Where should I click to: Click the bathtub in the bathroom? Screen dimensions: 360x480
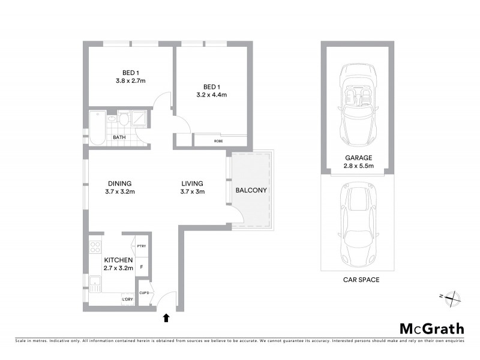[x=98, y=127]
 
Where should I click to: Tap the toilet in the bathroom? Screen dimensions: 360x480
[x=124, y=119]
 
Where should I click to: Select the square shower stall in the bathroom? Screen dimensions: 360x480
[x=139, y=119]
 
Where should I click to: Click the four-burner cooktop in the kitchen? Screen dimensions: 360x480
[x=95, y=248]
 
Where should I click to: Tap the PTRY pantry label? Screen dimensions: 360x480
[x=142, y=247]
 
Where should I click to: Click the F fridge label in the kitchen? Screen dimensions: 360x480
[x=142, y=266]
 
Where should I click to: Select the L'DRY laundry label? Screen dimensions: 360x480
[x=127, y=299]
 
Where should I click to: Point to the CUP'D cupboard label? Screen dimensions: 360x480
[x=144, y=293]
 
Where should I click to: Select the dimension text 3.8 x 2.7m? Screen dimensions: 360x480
[x=131, y=80]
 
